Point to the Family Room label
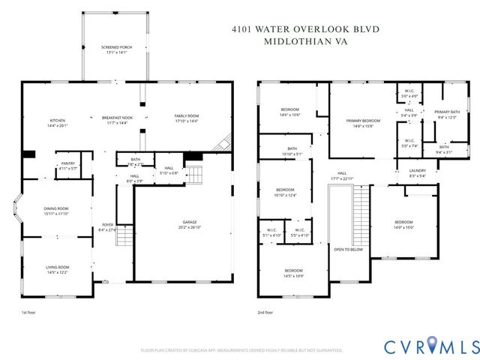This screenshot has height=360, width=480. tap(187, 115)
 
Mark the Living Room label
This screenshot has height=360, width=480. tap(58, 267)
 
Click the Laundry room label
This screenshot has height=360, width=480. tap(418, 171)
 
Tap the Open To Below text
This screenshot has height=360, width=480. tap(349, 250)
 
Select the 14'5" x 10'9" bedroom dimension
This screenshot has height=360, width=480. tap(293, 275)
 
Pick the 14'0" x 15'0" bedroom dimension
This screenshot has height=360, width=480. tap(404, 226)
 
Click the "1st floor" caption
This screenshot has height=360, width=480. tap(28, 312)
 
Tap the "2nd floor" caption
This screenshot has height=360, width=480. tap(265, 312)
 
